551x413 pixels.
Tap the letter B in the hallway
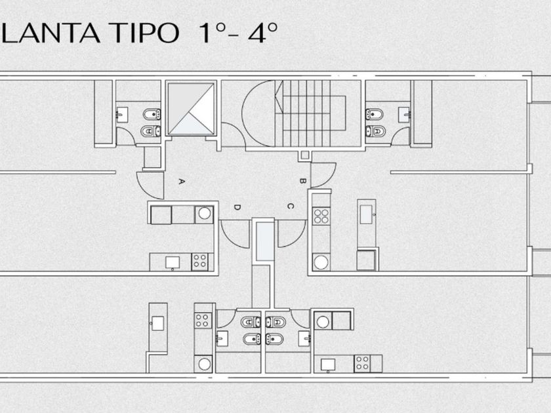click(x=302, y=180)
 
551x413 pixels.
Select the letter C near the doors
click(x=289, y=206)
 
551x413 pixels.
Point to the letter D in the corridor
click(x=237, y=207)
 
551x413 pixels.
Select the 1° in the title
click(x=205, y=33)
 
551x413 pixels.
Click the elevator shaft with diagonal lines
click(x=191, y=108)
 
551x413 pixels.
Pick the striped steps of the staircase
click(x=316, y=111)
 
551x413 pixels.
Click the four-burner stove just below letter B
click(x=320, y=216)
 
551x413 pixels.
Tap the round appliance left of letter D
click(x=205, y=214)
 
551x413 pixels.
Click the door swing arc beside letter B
click(x=323, y=174)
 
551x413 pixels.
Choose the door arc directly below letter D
click(x=235, y=233)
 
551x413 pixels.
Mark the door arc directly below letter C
click(x=291, y=233)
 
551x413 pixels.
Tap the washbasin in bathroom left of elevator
click(x=123, y=113)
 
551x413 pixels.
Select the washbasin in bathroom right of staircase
click(x=405, y=113)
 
